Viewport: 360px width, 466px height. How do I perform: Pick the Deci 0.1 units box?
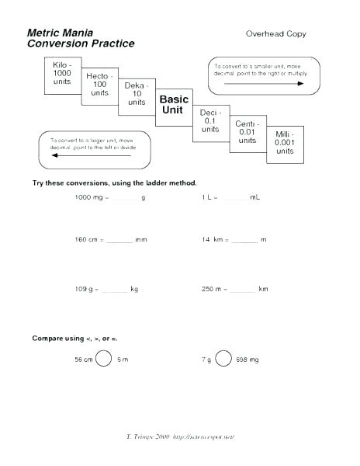[210, 120]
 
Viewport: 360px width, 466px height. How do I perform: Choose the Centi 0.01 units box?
[247, 132]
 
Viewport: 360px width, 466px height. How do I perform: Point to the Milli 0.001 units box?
[285, 144]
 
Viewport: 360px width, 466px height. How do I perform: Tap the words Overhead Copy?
[275, 34]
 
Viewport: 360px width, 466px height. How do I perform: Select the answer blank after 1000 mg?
[124, 200]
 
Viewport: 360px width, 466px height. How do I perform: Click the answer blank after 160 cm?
[119, 242]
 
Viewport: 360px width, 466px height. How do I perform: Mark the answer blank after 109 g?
[114, 290]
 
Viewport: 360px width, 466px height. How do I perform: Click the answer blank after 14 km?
[244, 242]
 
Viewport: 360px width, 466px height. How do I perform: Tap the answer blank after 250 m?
[242, 290]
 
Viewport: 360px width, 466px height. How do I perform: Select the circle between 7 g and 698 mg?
[223, 359]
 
